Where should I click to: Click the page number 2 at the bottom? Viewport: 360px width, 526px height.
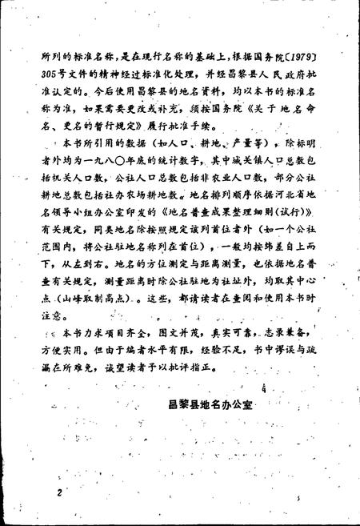(x=58, y=491)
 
